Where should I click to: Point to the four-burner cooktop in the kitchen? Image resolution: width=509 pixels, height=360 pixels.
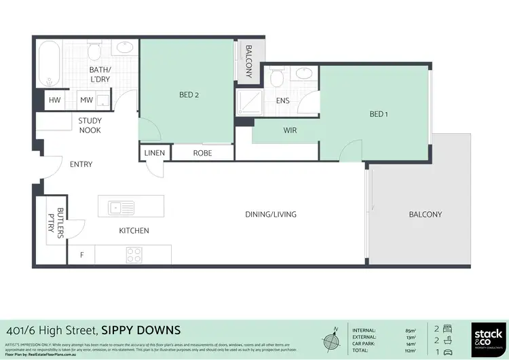pos(134,255)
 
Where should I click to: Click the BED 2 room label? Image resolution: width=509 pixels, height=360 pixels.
pos(189,95)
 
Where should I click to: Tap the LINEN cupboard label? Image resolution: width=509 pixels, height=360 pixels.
pos(154,153)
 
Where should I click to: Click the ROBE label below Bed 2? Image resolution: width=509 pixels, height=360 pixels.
pos(202,153)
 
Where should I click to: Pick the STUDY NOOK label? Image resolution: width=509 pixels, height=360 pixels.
pos(90,125)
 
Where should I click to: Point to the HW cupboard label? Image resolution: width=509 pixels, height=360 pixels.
pos(54,101)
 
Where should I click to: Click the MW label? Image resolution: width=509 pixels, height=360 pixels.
pos(86,101)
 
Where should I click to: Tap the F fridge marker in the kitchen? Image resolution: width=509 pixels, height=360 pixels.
pos(82,255)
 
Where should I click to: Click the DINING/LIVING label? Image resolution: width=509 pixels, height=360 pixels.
pos(271,214)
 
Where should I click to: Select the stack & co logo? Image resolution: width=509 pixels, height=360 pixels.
pos(487,337)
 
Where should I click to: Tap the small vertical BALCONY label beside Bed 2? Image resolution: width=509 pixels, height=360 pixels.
pos(249,61)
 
